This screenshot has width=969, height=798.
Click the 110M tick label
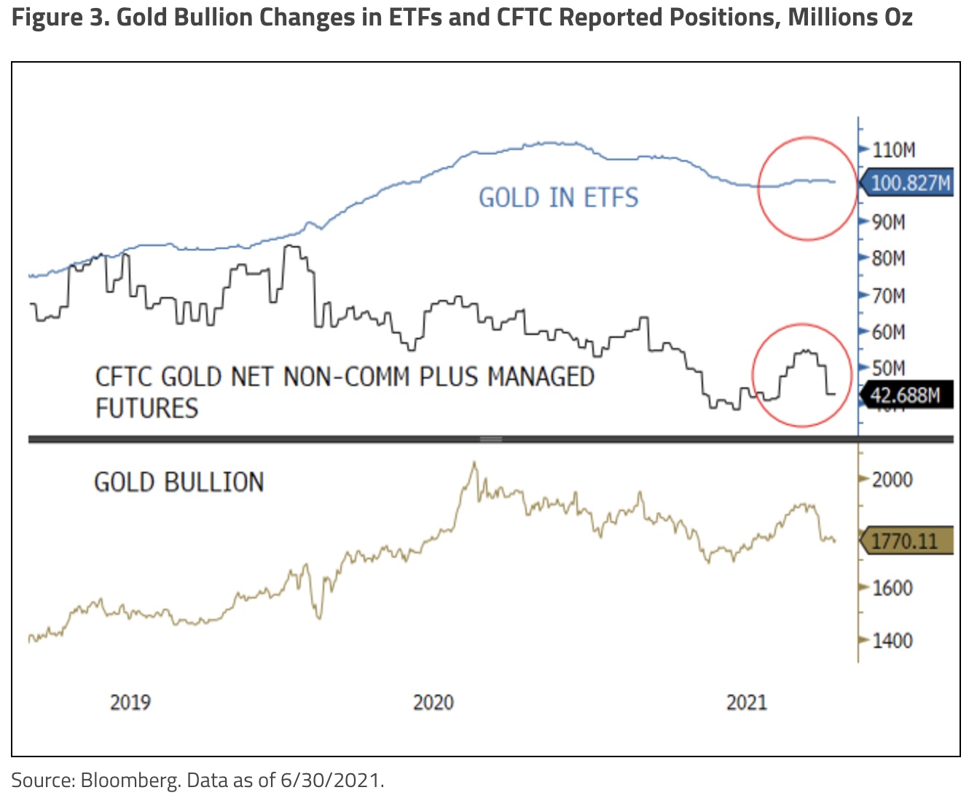[x=893, y=150]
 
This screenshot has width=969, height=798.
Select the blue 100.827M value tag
[x=910, y=182]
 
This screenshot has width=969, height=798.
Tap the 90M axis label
[x=889, y=222]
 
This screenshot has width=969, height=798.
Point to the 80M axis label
[x=889, y=258]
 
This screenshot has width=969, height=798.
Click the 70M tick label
[x=889, y=296]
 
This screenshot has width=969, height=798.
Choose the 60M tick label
[x=889, y=333]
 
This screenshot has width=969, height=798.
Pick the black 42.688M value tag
[x=906, y=395]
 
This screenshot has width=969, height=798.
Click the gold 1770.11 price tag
[x=905, y=541]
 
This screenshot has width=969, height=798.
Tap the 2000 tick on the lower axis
[x=892, y=480]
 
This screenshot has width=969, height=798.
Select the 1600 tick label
[x=892, y=588]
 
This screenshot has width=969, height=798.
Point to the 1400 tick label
[x=892, y=641]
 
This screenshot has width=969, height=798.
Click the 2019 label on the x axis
[x=130, y=703]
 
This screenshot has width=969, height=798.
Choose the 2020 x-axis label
[x=433, y=703]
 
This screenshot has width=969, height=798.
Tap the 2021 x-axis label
[x=747, y=703]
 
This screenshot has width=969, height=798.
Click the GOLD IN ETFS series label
[x=558, y=198]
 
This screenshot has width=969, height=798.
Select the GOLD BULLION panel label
[x=178, y=482]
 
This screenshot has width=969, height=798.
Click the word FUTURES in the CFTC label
[x=146, y=408]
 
